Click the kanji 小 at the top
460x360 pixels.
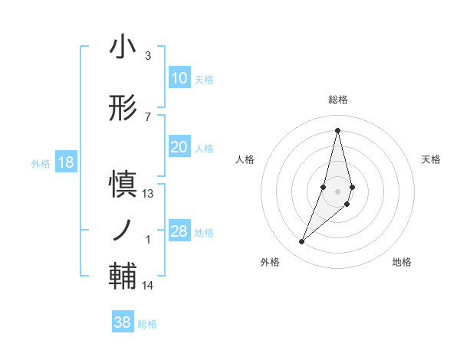123,47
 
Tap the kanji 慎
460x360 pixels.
123,185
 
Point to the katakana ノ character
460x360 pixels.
123,229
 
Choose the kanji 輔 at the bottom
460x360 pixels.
123,274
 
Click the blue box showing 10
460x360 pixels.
179,78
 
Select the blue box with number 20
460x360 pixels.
179,148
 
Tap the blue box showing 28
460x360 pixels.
179,231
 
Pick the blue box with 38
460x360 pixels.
122,322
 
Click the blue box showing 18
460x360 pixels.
65,162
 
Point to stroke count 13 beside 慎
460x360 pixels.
148,194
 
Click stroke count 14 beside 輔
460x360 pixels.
148,286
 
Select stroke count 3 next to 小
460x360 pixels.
148,56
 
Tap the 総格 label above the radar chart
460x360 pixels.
337,100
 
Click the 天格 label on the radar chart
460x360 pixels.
432,159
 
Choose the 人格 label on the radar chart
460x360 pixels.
245,159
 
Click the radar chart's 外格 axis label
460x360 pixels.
270,262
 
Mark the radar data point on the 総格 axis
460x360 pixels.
337,130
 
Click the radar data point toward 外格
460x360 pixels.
301,242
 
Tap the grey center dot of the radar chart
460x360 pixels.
337,191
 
